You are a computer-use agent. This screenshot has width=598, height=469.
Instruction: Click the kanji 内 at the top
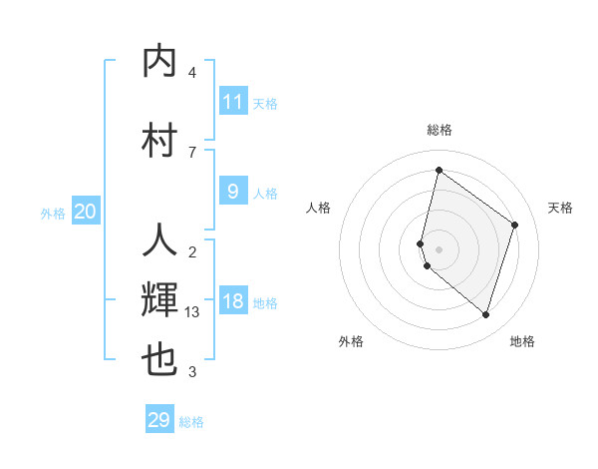[159, 62]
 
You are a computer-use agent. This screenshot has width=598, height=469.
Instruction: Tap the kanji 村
[159, 139]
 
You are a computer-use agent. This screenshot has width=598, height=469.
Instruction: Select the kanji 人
[159, 240]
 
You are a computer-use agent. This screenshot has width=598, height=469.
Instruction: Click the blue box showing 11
[233, 101]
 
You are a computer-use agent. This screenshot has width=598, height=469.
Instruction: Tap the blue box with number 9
[233, 192]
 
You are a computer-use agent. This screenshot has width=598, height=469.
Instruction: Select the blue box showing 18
[233, 302]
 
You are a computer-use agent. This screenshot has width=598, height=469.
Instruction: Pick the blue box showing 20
[86, 211]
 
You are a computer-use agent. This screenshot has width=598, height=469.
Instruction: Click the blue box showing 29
[159, 420]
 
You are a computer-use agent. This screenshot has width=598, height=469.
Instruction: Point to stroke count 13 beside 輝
[192, 311]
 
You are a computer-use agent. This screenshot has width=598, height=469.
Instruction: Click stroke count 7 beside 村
[192, 152]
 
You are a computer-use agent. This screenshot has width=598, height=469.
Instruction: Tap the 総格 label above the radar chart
[439, 130]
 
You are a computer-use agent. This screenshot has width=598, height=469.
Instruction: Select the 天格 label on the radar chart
[560, 208]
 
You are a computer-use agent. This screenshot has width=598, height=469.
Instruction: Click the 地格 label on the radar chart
[522, 341]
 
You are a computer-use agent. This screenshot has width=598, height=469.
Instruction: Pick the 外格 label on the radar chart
[351, 341]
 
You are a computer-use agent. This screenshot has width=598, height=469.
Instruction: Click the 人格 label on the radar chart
[318, 208]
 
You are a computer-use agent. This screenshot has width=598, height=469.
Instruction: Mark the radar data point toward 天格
[515, 225]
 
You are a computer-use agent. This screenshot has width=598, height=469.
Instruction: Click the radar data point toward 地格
[485, 315]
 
